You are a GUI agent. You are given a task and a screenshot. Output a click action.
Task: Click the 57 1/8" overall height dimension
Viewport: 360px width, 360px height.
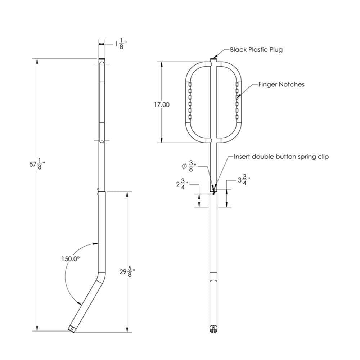(37, 165)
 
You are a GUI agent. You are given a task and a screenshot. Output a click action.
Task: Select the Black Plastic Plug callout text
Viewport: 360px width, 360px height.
(256, 49)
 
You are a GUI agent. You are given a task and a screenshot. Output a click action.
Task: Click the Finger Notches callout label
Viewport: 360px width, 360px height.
(281, 84)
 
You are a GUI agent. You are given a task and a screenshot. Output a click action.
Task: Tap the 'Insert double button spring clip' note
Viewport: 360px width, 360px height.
(281, 157)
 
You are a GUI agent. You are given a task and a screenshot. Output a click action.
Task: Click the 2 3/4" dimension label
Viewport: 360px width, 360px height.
(182, 184)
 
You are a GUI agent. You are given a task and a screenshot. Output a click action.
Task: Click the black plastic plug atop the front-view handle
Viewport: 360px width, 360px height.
(213, 58)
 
